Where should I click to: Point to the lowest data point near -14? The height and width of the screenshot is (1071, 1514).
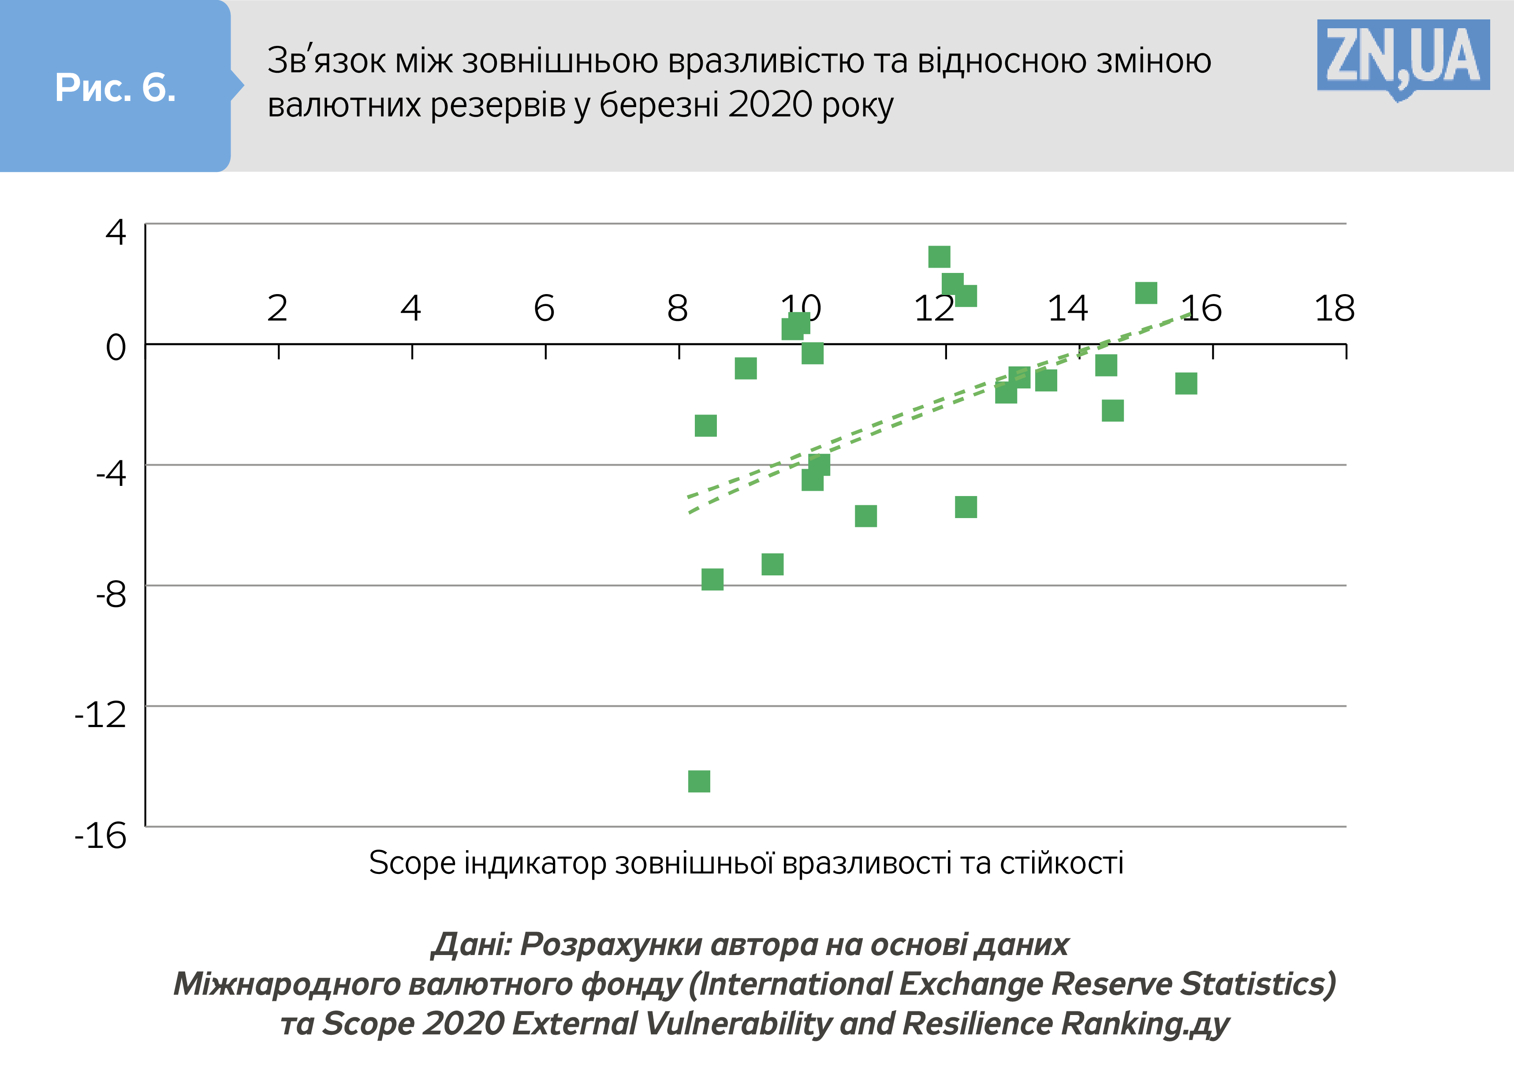699,781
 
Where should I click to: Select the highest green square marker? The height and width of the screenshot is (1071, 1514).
939,257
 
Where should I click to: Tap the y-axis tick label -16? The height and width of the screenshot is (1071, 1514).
101,836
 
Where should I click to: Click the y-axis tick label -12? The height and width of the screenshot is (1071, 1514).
101,715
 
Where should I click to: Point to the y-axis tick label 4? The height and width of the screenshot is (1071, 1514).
116,232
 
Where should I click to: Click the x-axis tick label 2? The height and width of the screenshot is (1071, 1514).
278,308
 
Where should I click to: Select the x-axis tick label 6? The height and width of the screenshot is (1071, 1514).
544,308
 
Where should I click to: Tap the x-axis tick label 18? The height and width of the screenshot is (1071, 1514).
1335,308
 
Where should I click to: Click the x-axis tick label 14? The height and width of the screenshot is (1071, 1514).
1067,308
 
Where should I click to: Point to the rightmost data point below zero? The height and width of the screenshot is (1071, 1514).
1186,383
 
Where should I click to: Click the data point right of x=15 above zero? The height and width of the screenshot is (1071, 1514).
1146,293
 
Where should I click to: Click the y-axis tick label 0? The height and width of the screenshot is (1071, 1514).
116,347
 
